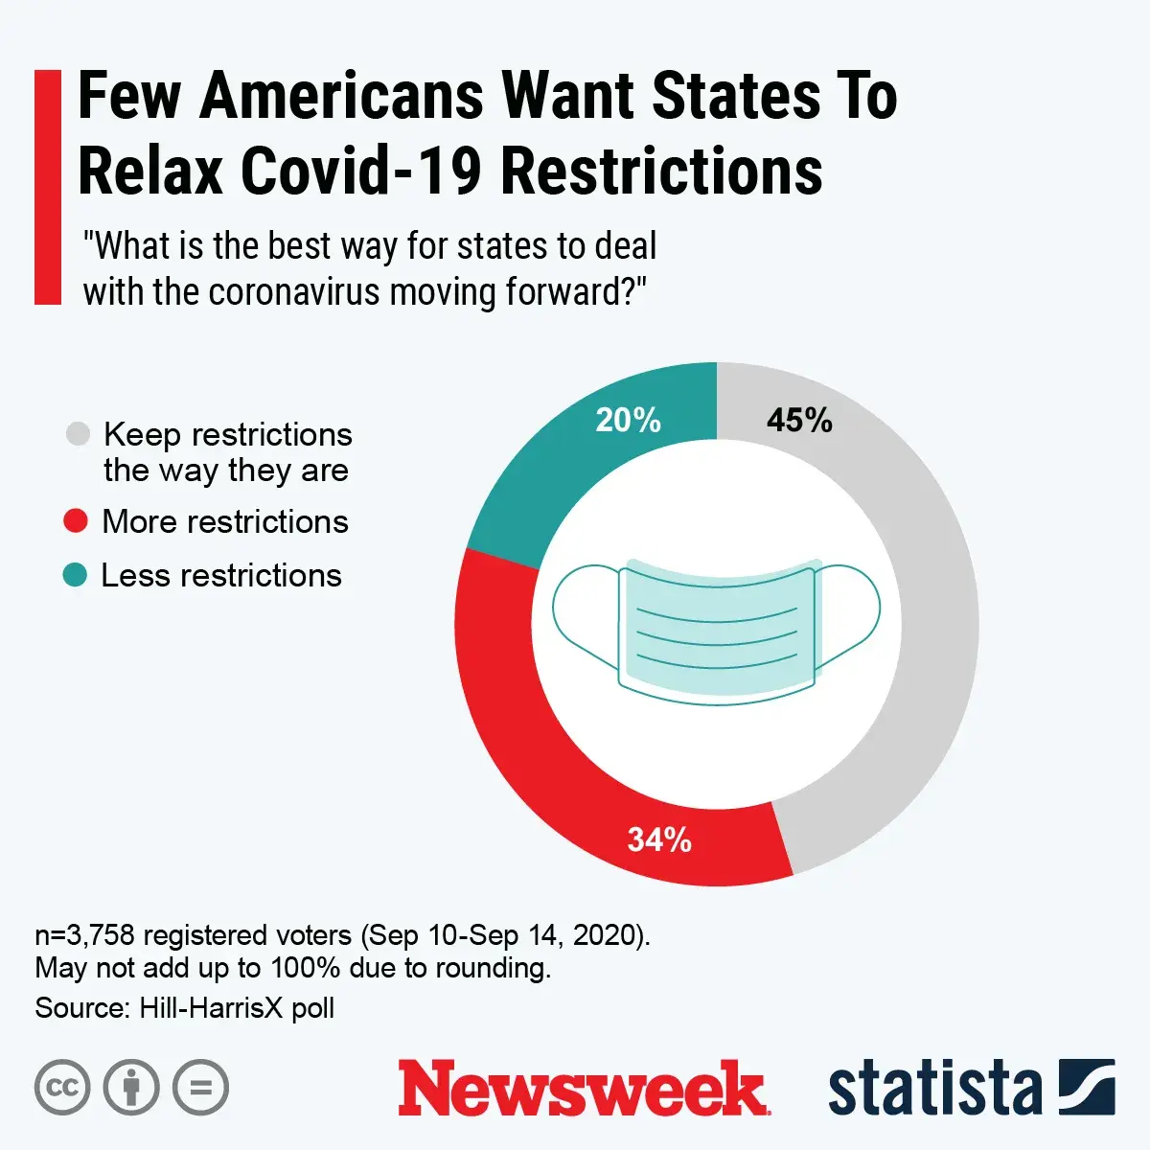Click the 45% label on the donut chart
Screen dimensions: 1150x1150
point(799,421)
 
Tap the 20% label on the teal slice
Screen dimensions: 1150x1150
point(628,421)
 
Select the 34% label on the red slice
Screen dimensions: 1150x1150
point(659,840)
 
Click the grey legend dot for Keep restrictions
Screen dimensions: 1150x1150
point(78,434)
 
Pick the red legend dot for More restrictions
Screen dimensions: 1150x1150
point(75,522)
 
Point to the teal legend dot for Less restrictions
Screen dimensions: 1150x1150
point(75,575)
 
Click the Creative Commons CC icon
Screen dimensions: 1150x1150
point(62,1088)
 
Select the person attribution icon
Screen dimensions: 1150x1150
point(131,1088)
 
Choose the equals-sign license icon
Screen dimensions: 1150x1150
point(201,1088)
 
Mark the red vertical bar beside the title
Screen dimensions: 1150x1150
point(48,187)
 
